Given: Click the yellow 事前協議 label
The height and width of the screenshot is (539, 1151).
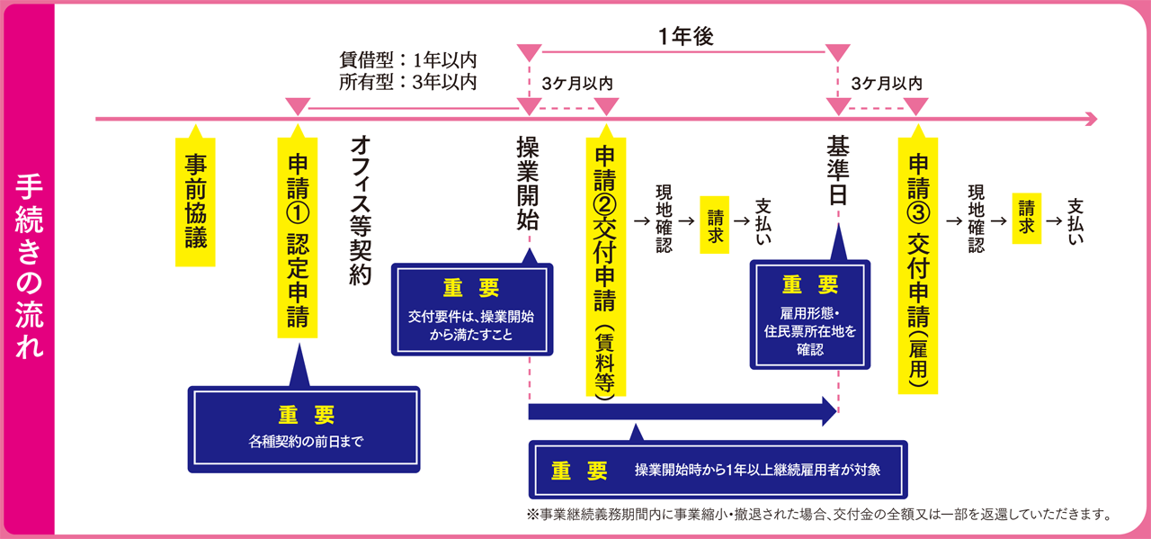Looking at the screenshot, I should [196, 202].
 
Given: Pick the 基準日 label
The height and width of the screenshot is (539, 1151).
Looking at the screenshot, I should [838, 171].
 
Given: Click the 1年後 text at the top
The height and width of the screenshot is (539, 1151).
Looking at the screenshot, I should [685, 37].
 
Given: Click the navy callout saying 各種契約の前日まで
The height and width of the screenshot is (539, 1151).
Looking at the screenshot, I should [304, 429].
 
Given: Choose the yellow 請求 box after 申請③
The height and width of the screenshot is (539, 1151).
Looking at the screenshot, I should [1026, 217].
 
